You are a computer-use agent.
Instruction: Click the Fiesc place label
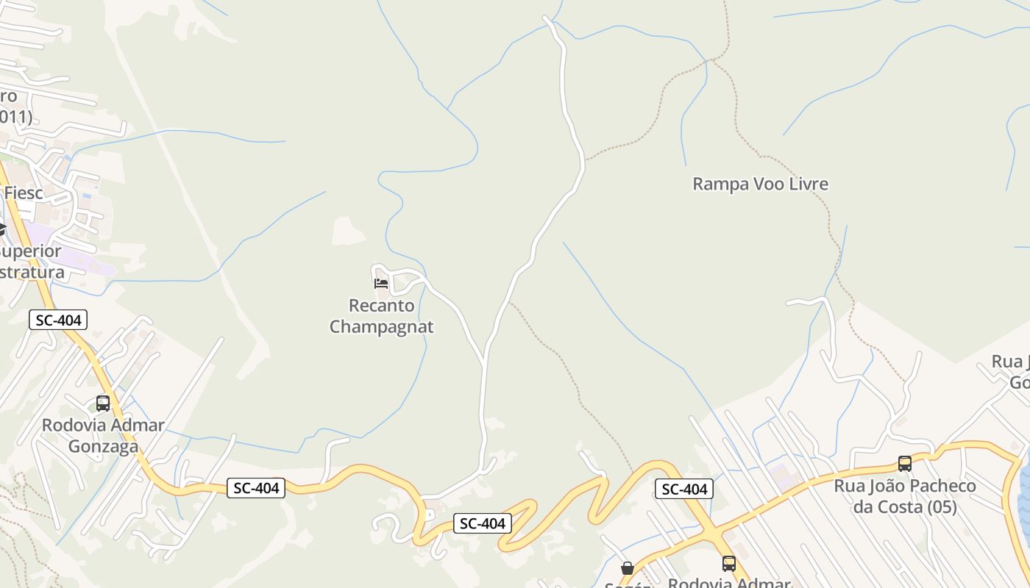click(24, 193)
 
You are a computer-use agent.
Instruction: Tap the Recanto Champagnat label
click(381, 316)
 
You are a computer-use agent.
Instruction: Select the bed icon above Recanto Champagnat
click(381, 283)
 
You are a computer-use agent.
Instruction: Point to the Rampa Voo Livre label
click(760, 184)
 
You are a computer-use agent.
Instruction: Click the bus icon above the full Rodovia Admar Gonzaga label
click(103, 404)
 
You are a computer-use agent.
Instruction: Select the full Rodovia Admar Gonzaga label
click(103, 436)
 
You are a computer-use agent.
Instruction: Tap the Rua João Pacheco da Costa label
click(905, 496)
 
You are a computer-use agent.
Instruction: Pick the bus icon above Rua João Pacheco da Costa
click(905, 464)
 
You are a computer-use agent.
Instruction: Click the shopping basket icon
click(628, 568)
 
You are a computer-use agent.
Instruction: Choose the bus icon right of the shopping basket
click(729, 564)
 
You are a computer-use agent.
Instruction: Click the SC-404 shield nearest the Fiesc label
click(59, 320)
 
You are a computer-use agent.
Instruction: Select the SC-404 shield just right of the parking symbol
click(482, 523)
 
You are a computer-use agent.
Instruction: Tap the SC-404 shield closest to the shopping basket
click(684, 489)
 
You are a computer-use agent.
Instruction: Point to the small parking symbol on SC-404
click(430, 515)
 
